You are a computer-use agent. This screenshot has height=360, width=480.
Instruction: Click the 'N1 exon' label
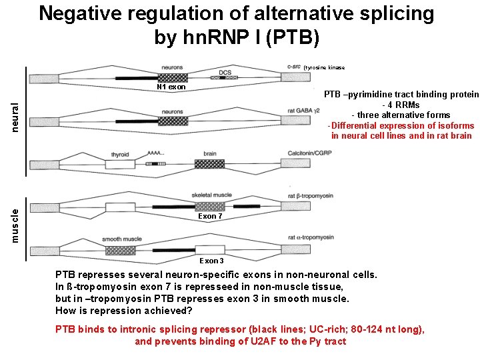coord(171,87)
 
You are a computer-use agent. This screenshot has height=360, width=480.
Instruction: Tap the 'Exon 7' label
coord(211,216)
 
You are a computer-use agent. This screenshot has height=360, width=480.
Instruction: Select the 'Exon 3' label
coord(212,261)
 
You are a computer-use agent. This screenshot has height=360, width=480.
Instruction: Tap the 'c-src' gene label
coord(293,66)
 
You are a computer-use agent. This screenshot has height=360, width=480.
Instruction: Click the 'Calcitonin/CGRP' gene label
coord(310,153)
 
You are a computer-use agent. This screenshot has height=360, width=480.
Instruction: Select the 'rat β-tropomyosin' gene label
coord(310,195)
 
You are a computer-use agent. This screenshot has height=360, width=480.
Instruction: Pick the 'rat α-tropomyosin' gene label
coord(311,237)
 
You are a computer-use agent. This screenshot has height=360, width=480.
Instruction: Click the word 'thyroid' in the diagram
coord(120,153)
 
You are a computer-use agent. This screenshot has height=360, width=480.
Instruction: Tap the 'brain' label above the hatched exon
coord(210,153)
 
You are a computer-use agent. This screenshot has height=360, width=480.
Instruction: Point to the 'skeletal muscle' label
coord(211,195)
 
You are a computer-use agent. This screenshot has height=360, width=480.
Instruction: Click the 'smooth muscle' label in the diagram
coord(122,239)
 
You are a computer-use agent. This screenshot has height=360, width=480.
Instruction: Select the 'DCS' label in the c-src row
coord(225,73)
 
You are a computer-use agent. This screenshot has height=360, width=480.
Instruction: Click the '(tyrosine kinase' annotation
coord(324,68)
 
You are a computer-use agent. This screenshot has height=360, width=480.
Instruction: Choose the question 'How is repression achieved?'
coord(123,311)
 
